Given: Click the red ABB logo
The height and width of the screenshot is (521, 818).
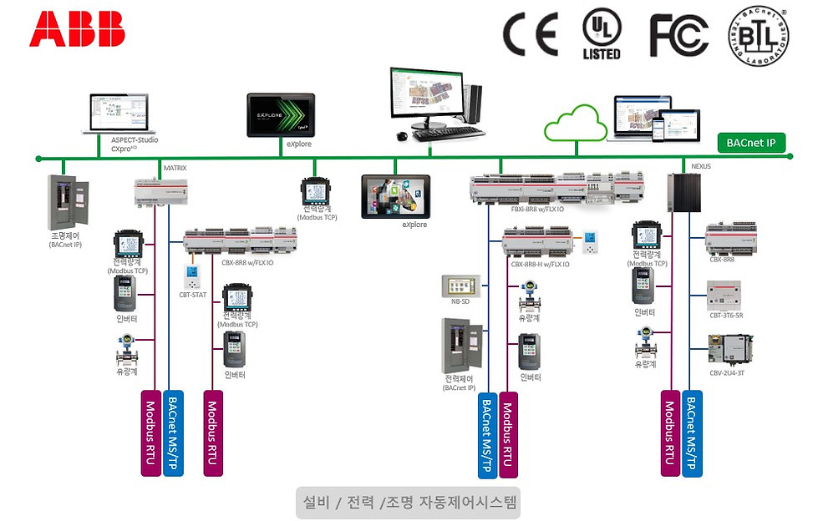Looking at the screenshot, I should click(x=77, y=28).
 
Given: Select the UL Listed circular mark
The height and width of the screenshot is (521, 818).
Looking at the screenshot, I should click(x=602, y=34).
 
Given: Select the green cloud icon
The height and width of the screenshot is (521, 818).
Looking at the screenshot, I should click(x=576, y=129).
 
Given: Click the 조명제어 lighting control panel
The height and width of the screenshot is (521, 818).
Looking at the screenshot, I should click(x=67, y=203).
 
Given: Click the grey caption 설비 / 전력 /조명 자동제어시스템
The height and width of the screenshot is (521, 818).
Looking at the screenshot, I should click(x=408, y=503).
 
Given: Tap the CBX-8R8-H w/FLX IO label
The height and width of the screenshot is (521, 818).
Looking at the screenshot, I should click(x=540, y=264).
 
